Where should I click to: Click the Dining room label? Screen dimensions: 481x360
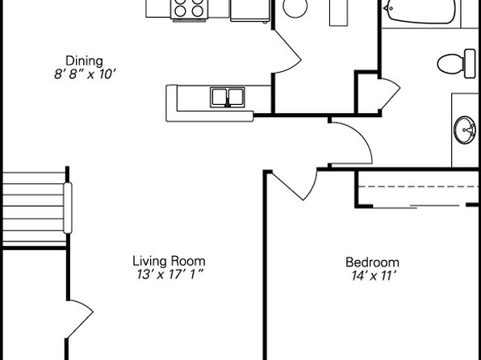[x=85, y=61]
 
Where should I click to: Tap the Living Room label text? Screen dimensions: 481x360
[x=169, y=262]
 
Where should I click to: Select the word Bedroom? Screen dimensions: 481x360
[x=372, y=262]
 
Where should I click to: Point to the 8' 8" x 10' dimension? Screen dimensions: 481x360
[x=85, y=74]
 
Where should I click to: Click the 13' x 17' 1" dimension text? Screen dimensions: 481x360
[x=170, y=274]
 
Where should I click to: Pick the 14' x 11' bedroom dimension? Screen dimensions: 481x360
[x=372, y=276]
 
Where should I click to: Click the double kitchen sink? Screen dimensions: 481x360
[x=228, y=98]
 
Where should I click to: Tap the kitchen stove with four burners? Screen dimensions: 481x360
[x=190, y=9]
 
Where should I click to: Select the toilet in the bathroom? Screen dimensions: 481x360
[x=457, y=64]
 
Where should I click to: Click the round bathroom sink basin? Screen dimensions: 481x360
[x=465, y=130]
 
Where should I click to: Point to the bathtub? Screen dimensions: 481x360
[x=420, y=11]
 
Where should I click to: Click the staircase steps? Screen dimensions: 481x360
[x=33, y=209]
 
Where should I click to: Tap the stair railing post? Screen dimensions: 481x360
[x=68, y=207]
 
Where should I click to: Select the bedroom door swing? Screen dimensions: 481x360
[x=295, y=185]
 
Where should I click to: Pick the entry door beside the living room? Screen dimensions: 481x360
[x=81, y=319]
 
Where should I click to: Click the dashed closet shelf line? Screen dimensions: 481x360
[x=418, y=186]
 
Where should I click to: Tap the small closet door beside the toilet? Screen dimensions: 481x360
[x=390, y=94]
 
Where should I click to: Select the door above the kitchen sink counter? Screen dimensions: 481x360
[x=287, y=52]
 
